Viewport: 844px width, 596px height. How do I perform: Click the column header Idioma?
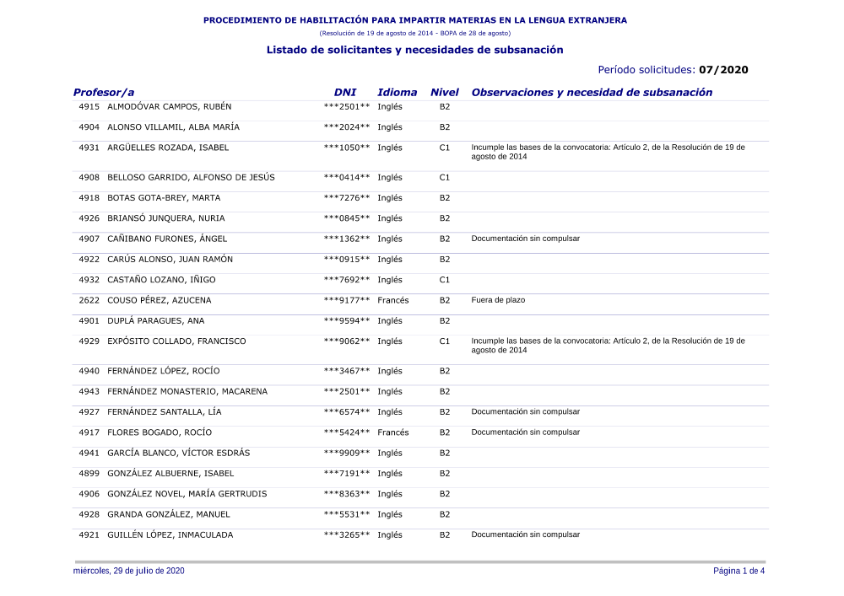pos(397,93)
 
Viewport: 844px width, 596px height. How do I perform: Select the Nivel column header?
pos(444,93)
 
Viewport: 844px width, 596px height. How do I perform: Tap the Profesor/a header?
pos(103,93)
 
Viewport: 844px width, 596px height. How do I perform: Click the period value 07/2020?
pos(723,70)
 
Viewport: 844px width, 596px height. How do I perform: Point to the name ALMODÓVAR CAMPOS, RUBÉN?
pos(169,107)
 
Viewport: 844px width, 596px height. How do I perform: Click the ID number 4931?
pos(89,148)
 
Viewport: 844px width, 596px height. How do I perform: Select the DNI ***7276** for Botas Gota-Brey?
pos(347,198)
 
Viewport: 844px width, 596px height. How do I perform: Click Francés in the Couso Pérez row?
pos(393,300)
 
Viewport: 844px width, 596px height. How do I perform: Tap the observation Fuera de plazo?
pos(498,300)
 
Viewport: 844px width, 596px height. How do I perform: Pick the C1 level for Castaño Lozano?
pos(445,280)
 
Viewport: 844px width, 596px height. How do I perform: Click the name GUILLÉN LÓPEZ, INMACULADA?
pos(170,535)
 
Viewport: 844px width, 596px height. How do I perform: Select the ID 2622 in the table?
pos(89,300)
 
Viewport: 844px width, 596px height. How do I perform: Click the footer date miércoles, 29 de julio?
pos(129,572)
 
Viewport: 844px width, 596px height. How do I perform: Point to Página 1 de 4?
pos(738,572)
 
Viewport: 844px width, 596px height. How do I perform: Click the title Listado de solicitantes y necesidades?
pos(414,51)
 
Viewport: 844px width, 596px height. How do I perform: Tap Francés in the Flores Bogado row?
pos(393,432)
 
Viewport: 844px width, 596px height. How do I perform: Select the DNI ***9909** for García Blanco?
pos(347,454)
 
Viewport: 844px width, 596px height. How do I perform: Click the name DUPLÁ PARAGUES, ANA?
pos(155,321)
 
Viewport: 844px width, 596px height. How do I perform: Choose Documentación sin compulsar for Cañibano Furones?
pos(525,239)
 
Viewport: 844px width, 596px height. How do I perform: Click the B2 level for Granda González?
pos(445,515)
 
